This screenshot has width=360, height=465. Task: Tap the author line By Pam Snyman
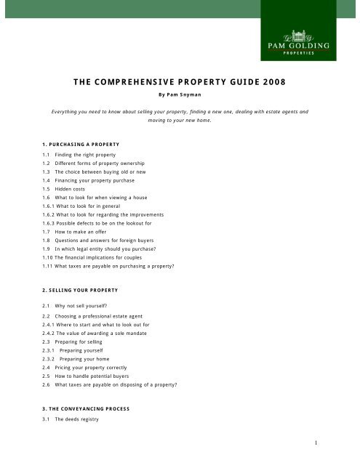point(180,94)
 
